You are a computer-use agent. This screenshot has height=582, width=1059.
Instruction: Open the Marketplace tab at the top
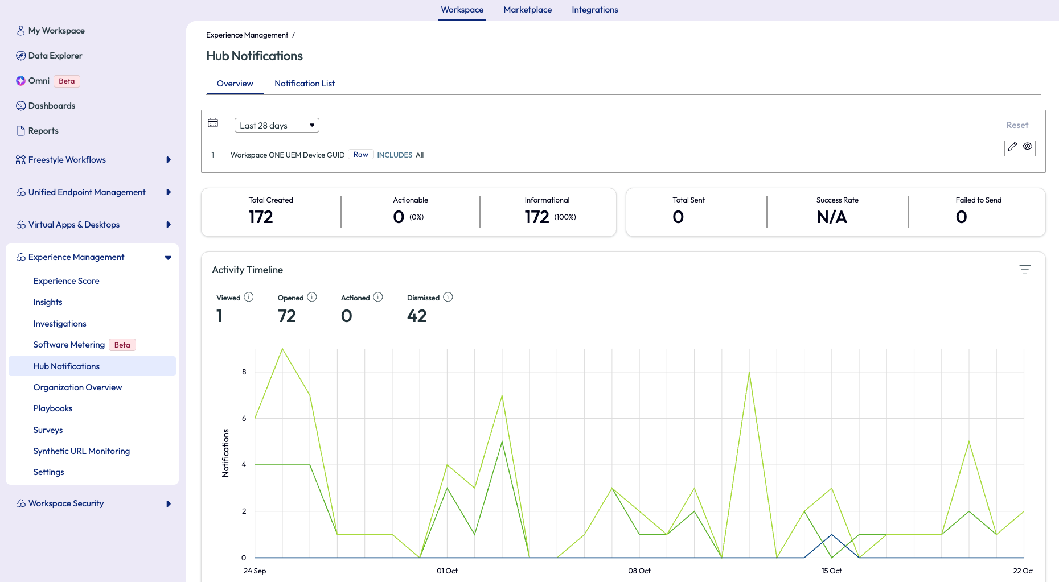coord(527,10)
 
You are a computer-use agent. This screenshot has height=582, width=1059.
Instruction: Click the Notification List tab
coord(304,84)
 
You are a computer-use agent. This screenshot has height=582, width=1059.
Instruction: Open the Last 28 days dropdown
coord(277,125)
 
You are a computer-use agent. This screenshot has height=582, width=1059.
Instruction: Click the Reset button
coord(1017,125)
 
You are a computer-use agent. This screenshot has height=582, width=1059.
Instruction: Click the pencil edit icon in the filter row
coord(1012,147)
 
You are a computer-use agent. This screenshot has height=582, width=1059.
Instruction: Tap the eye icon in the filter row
coord(1028,147)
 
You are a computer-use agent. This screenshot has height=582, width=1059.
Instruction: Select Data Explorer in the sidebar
coord(55,56)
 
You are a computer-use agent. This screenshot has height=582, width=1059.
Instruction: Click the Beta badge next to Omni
coord(67,81)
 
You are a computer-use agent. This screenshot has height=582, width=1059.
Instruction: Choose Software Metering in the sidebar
coord(69,345)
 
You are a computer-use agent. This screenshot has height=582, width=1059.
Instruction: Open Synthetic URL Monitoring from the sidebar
coord(81,451)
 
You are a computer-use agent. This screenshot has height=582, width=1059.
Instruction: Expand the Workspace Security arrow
coord(169,503)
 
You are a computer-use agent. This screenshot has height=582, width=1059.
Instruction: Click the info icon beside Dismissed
coord(448,297)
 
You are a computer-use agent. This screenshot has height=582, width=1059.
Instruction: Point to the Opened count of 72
coord(286,316)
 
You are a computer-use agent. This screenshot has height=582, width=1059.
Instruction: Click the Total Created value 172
coord(261,217)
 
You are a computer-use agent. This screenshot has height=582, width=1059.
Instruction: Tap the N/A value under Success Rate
coord(831,217)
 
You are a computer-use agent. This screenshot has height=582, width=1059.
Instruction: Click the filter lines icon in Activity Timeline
coord(1025,270)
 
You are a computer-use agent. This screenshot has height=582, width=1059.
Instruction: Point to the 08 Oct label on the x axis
coord(639,571)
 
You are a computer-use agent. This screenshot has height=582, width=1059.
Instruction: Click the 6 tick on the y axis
coord(244,418)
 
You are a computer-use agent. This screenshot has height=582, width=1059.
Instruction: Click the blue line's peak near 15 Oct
coord(832,535)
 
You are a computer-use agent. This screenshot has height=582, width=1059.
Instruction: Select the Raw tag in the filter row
coord(360,155)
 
